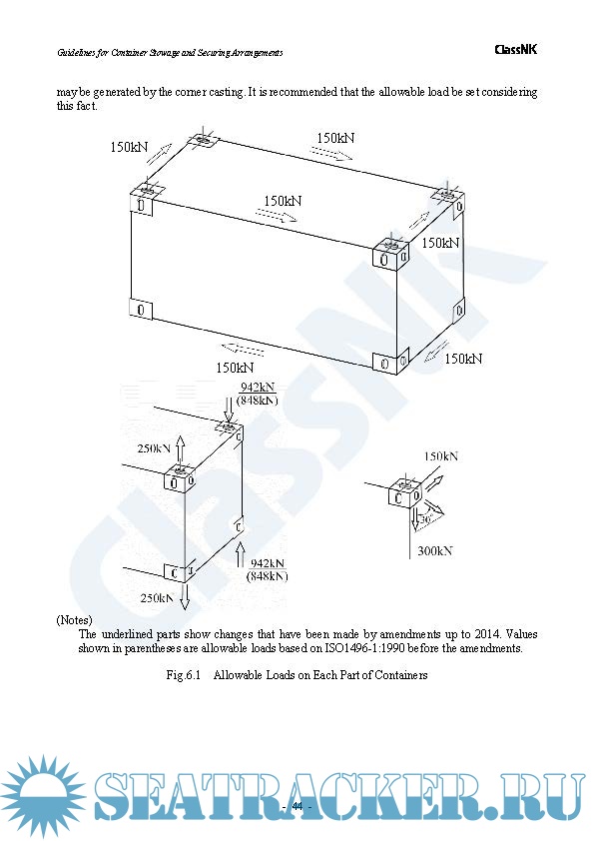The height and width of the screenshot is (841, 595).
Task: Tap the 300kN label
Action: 435,551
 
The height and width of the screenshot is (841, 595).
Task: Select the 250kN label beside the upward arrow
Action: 156,448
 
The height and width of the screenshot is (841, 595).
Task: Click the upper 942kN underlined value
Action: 258,388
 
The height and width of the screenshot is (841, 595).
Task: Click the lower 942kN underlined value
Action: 269,563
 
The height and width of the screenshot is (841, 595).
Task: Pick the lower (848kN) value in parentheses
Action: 267,576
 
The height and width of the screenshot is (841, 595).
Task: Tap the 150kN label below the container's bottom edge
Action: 235,367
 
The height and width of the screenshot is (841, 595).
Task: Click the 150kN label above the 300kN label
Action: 441,456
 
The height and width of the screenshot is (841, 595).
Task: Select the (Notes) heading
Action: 74,620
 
